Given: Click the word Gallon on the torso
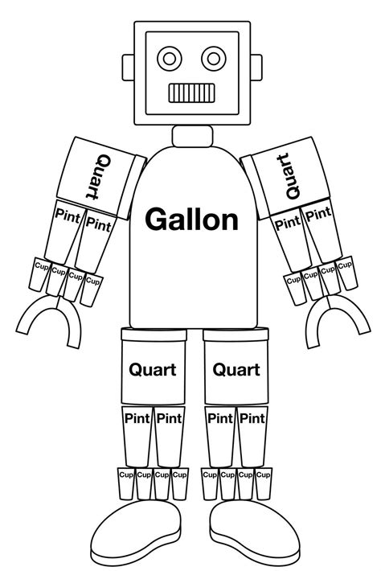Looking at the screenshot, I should tap(190, 219).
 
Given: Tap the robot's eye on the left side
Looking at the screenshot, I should tap(170, 57).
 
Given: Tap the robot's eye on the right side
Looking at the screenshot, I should tap(213, 57).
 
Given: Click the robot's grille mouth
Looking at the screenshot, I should tap(191, 92).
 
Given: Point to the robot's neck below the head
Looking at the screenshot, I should tap(191, 135).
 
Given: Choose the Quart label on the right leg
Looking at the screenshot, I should tap(236, 370).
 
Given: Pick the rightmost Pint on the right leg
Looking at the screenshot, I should tap(252, 418).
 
